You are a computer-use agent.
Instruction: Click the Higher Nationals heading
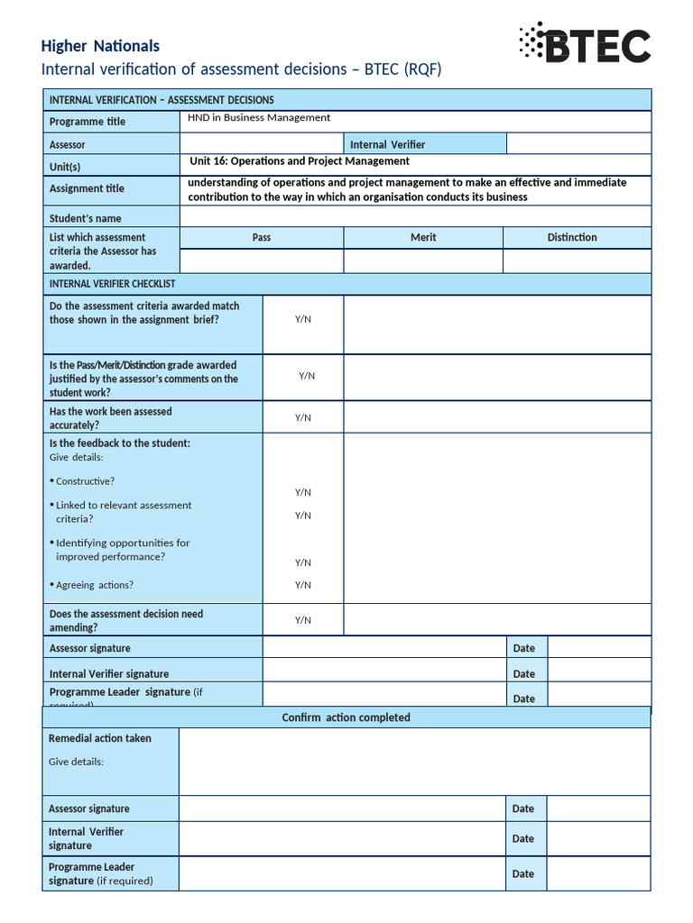tap(100, 46)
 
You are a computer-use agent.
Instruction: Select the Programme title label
tap(88, 122)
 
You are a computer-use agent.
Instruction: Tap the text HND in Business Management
tap(259, 118)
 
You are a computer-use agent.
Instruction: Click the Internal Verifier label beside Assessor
tap(387, 144)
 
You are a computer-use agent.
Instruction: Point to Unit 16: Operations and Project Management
tap(300, 161)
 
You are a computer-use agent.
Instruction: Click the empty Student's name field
tap(415, 216)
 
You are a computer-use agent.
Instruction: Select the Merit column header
tap(423, 237)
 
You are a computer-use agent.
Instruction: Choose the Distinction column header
tap(572, 237)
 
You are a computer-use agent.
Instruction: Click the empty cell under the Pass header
tap(262, 260)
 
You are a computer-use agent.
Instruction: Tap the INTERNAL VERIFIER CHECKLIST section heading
tap(113, 284)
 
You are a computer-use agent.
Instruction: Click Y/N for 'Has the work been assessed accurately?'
tap(303, 417)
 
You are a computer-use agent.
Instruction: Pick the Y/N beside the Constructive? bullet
tap(303, 492)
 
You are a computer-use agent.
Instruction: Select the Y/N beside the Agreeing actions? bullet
tap(303, 585)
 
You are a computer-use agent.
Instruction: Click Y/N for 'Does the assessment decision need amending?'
tap(303, 620)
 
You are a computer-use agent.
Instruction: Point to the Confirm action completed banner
tap(346, 717)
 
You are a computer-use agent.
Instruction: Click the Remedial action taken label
tap(100, 738)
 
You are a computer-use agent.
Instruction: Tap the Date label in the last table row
tap(523, 873)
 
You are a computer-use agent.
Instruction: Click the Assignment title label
tap(87, 189)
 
